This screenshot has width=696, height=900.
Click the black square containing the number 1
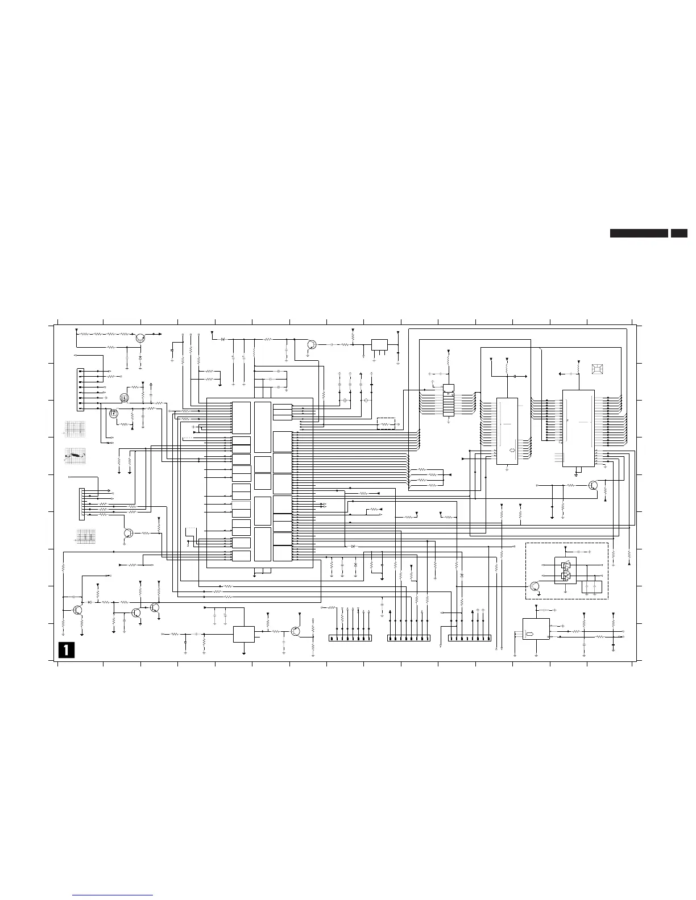pyautogui.click(x=67, y=649)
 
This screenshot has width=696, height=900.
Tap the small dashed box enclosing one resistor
pyautogui.click(x=386, y=423)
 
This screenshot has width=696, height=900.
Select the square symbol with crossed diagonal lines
pyautogui.click(x=597, y=369)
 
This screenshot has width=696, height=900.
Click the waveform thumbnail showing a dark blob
pyautogui.click(x=75, y=455)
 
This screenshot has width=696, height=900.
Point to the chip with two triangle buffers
pyautogui.click(x=565, y=570)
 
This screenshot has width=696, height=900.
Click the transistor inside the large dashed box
pyautogui.click(x=534, y=586)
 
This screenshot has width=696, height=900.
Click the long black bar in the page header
pyautogui.click(x=639, y=233)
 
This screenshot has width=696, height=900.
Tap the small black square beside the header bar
pyautogui.click(x=679, y=233)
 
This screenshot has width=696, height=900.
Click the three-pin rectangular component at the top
pyautogui.click(x=379, y=345)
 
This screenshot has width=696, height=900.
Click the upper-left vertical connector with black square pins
pyautogui.click(x=80, y=389)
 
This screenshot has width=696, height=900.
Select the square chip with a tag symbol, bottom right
pyautogui.click(x=536, y=628)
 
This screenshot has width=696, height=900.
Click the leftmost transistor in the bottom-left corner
pyautogui.click(x=77, y=610)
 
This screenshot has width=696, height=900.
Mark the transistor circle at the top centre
pyautogui.click(x=312, y=344)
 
